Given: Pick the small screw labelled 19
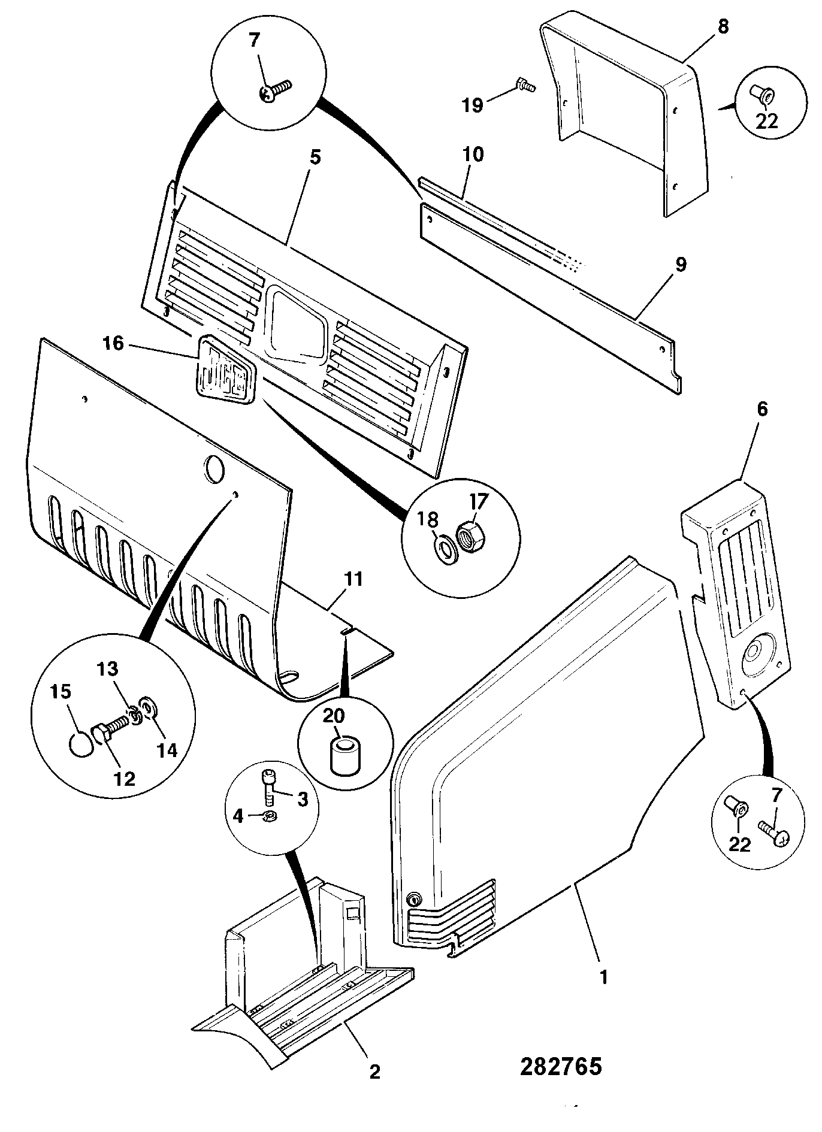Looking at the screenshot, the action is tap(525, 86).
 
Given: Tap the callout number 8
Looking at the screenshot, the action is tap(723, 28).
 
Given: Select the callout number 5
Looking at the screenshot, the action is tap(315, 158).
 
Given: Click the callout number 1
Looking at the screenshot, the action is tap(604, 977).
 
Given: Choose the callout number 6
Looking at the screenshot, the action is tap(762, 410).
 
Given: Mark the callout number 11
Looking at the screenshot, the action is tap(353, 579).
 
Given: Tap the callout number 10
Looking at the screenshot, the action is tap(473, 155).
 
